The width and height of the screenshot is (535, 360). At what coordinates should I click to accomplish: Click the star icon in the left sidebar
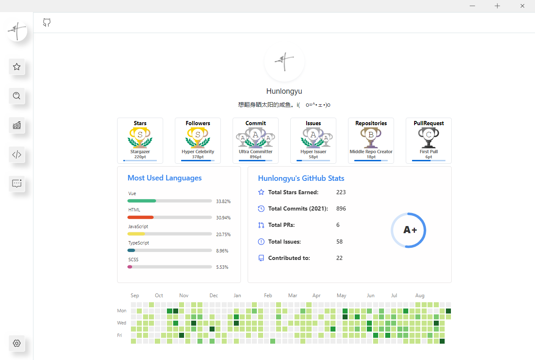17,67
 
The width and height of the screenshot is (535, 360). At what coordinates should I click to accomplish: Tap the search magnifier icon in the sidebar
17,96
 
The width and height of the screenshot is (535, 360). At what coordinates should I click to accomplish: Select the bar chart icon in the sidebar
17,125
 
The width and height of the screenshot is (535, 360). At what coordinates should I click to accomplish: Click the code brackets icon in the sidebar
17,154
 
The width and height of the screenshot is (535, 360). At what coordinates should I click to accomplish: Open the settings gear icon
17,343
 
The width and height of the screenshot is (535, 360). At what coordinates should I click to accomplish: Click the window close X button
522,6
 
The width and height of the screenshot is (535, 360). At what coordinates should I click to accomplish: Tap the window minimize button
472,6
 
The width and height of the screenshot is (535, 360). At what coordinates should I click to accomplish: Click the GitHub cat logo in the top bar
47,23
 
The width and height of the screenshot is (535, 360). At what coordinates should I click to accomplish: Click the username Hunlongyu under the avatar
284,91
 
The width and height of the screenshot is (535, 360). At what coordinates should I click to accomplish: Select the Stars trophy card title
140,123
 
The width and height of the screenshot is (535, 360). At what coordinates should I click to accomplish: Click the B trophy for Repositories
371,135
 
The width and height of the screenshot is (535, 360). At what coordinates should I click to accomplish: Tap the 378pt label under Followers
198,157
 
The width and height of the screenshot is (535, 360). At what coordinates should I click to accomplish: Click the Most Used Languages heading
164,178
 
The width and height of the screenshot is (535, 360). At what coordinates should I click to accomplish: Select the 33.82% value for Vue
223,201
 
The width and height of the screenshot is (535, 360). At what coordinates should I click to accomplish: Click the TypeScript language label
138,243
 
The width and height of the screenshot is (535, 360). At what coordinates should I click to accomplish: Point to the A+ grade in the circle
410,230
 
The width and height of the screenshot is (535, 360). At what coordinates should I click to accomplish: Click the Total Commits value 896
341,208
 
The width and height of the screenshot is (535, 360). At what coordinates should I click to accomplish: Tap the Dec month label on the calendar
214,296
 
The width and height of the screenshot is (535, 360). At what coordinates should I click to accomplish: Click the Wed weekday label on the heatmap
122,323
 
